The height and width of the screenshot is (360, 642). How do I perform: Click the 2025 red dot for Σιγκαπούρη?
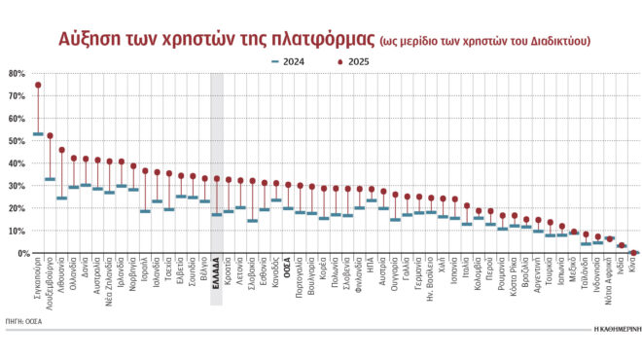pos(38,85)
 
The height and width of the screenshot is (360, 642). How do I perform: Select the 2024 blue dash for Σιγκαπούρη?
pos(38,133)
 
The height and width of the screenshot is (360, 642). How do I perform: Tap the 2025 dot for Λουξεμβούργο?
pos(50,135)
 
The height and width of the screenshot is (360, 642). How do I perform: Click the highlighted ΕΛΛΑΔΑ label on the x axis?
pos(216,277)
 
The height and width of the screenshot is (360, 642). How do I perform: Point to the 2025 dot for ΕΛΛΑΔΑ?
pos(216,178)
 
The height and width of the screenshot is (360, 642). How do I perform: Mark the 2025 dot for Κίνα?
pos(633,253)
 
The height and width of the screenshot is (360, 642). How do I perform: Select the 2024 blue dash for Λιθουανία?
pos(61,198)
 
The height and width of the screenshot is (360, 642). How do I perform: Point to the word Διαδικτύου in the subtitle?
pos(558,40)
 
